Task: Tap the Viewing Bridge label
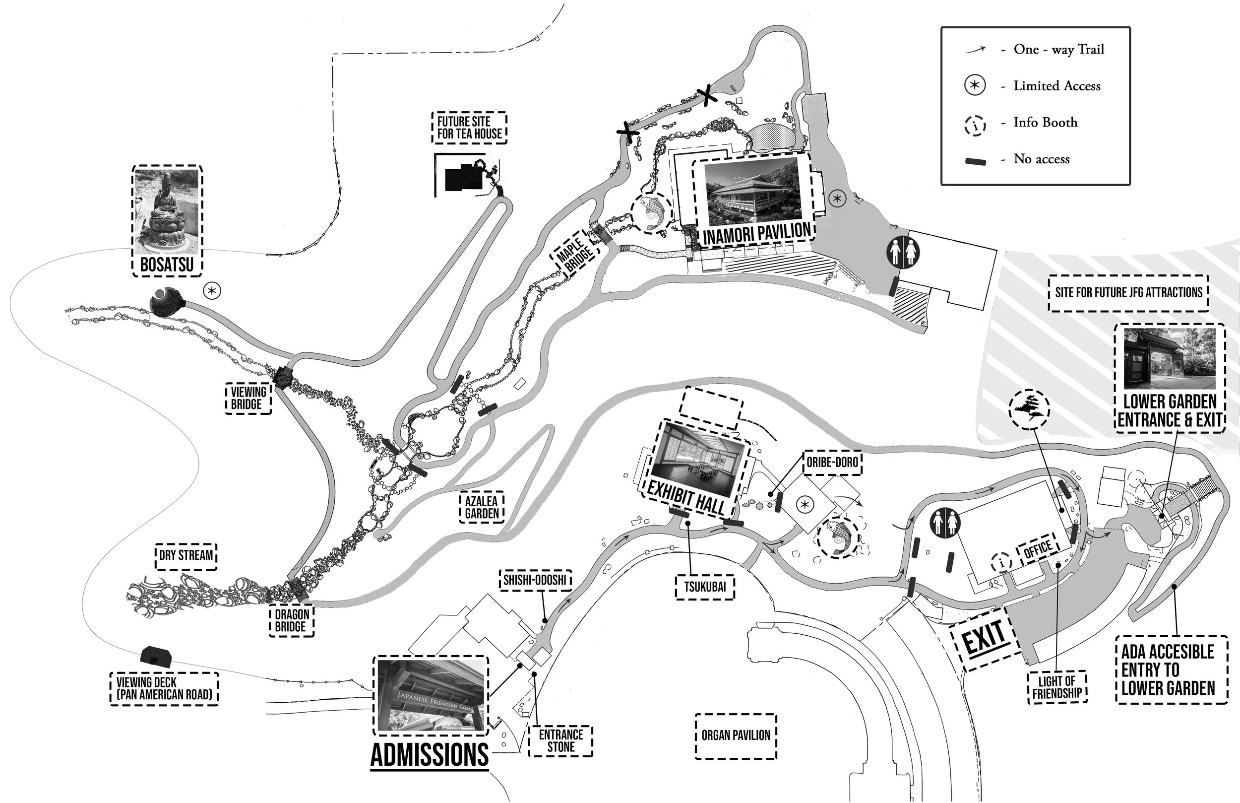coord(248,398)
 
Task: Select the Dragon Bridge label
coord(292,620)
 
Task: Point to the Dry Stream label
coord(186,555)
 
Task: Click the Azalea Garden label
coord(482,507)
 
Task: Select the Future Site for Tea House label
coord(469,128)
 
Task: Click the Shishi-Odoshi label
coord(535,580)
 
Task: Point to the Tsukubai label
coord(704,587)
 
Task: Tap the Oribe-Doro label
coord(832,463)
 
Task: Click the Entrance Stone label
coord(560,741)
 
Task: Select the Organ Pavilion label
coord(736,736)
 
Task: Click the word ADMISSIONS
coord(430,755)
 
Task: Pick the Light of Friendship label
coord(1057,688)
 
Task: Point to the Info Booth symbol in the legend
coord(975,126)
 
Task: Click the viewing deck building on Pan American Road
coord(155,656)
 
